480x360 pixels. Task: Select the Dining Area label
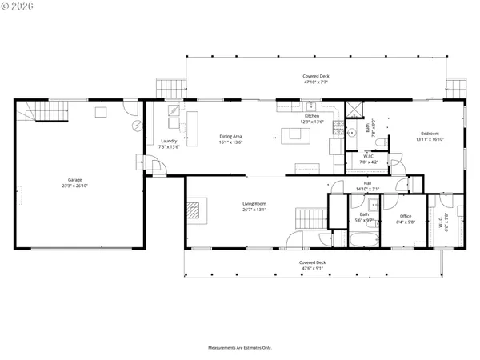point(231,137)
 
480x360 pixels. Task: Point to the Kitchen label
point(310,116)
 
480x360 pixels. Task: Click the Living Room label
point(254,204)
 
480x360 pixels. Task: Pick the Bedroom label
point(429,134)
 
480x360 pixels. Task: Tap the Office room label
point(406,216)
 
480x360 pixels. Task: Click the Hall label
point(367,183)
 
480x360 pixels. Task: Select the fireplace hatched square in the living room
point(196,210)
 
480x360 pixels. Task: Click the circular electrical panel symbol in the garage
point(136,126)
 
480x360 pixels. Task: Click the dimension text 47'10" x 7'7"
point(315,82)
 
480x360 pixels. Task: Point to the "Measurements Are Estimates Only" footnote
point(240,348)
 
